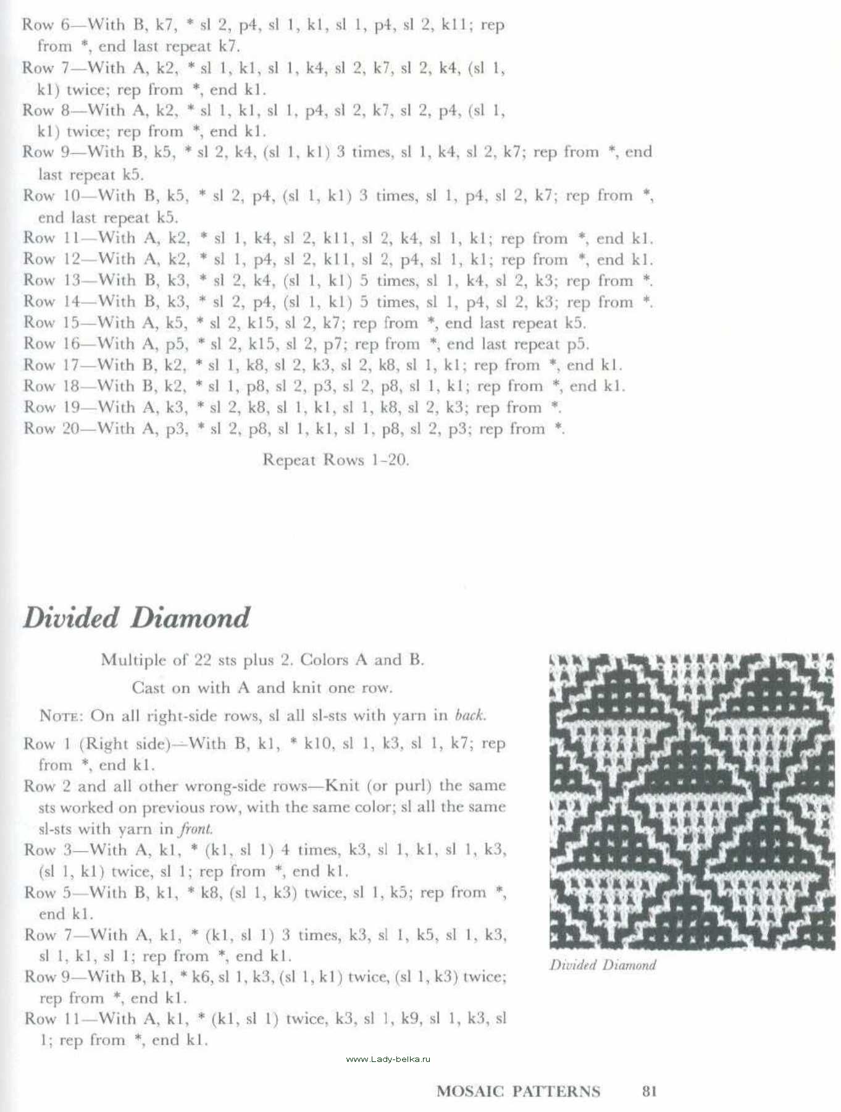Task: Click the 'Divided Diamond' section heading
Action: tap(136, 618)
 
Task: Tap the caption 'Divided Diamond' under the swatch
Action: tap(603, 965)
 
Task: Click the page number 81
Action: tap(649, 1092)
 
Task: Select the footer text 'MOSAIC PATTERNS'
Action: tap(518, 1092)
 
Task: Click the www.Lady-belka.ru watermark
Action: tap(388, 1059)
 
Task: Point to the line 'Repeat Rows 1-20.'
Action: tap(335, 460)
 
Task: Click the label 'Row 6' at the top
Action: tap(47, 25)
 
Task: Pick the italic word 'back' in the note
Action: tap(470, 715)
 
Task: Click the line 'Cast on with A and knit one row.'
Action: tap(262, 688)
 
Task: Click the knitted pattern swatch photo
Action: tap(691, 801)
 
